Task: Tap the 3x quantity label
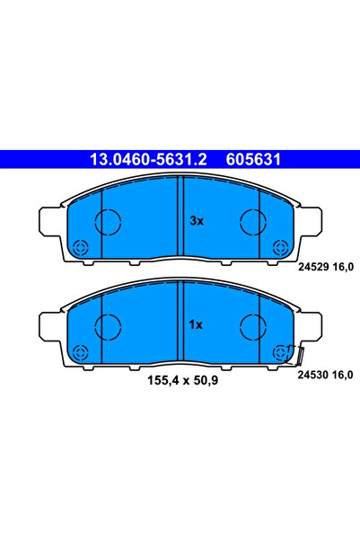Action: coord(195,220)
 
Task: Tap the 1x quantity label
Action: coord(195,325)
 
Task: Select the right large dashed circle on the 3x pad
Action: coord(252,221)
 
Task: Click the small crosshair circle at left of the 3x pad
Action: coord(80,248)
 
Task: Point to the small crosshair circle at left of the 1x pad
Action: coord(80,353)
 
